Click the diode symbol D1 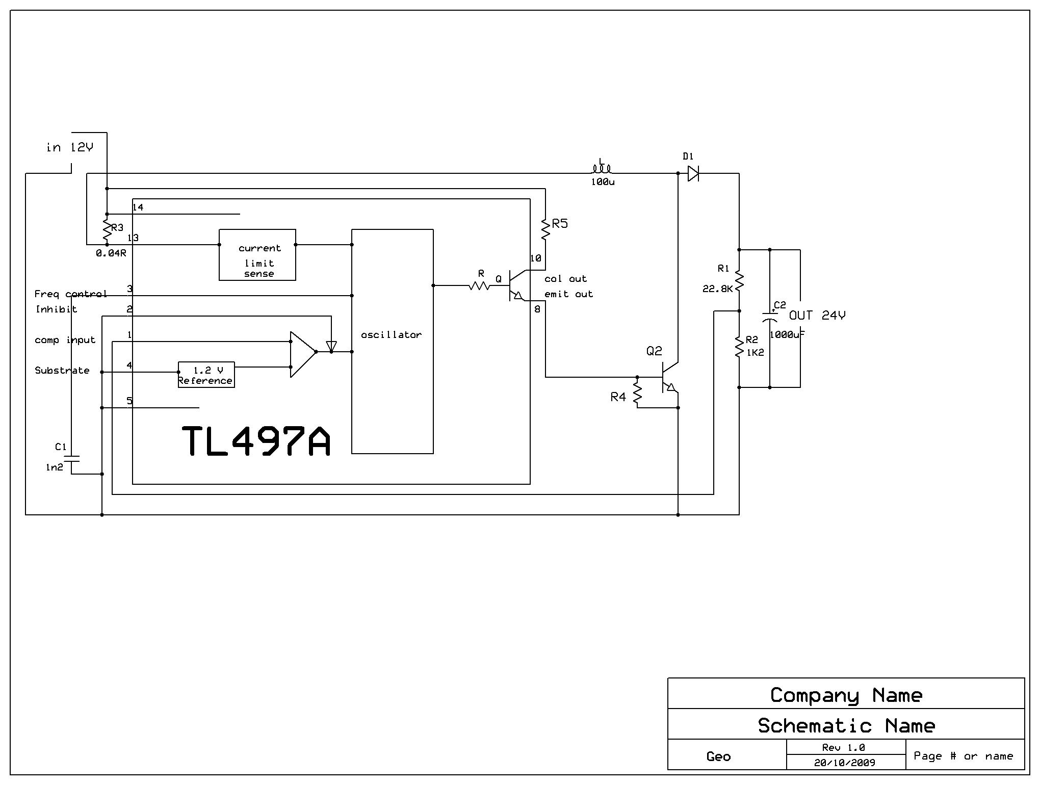pos(693,173)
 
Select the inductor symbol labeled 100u pos(602,169)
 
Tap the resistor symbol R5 pos(545,229)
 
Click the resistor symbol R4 pos(637,392)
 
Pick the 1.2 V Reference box pos(206,375)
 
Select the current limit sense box pos(257,255)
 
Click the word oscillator pos(391,335)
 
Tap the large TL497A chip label pos(256,441)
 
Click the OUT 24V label pos(817,316)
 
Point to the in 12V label pos(70,147)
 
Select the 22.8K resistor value pos(717,289)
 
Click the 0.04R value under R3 pos(111,253)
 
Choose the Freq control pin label pos(70,294)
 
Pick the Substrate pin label pos(62,371)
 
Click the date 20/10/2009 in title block pos(845,763)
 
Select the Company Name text pos(846,695)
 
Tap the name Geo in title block pos(718,756)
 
